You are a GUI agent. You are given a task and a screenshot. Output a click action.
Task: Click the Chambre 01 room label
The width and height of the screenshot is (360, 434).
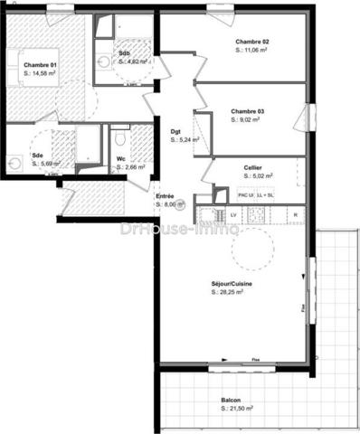tap(41, 65)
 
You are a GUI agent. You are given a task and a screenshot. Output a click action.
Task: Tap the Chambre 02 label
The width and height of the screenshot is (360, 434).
tap(252, 42)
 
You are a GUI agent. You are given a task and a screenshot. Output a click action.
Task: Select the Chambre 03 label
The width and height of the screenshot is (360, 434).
tap(247, 111)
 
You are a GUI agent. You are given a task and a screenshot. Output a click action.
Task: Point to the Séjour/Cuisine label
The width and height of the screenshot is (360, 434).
tap(232, 284)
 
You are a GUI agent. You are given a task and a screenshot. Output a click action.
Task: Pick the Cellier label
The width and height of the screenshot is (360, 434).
tap(253, 168)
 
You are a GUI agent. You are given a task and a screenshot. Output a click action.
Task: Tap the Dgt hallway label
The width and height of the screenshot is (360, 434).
tap(175, 132)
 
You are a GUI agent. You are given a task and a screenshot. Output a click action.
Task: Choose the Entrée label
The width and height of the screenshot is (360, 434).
tap(165, 196)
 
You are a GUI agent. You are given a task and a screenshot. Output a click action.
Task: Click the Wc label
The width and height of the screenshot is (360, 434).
tap(120, 159)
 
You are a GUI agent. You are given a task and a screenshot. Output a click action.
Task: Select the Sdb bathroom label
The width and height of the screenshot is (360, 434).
tap(124, 53)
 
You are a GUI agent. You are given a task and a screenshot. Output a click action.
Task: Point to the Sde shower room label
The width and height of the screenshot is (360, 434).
tap(38, 156)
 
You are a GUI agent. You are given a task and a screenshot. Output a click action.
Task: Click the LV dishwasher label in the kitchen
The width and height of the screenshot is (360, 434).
tap(232, 214)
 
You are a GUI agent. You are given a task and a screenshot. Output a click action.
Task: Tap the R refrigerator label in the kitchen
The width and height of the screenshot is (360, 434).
tap(295, 214)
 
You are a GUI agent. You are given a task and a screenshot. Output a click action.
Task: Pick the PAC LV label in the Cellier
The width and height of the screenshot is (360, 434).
tap(245, 195)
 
